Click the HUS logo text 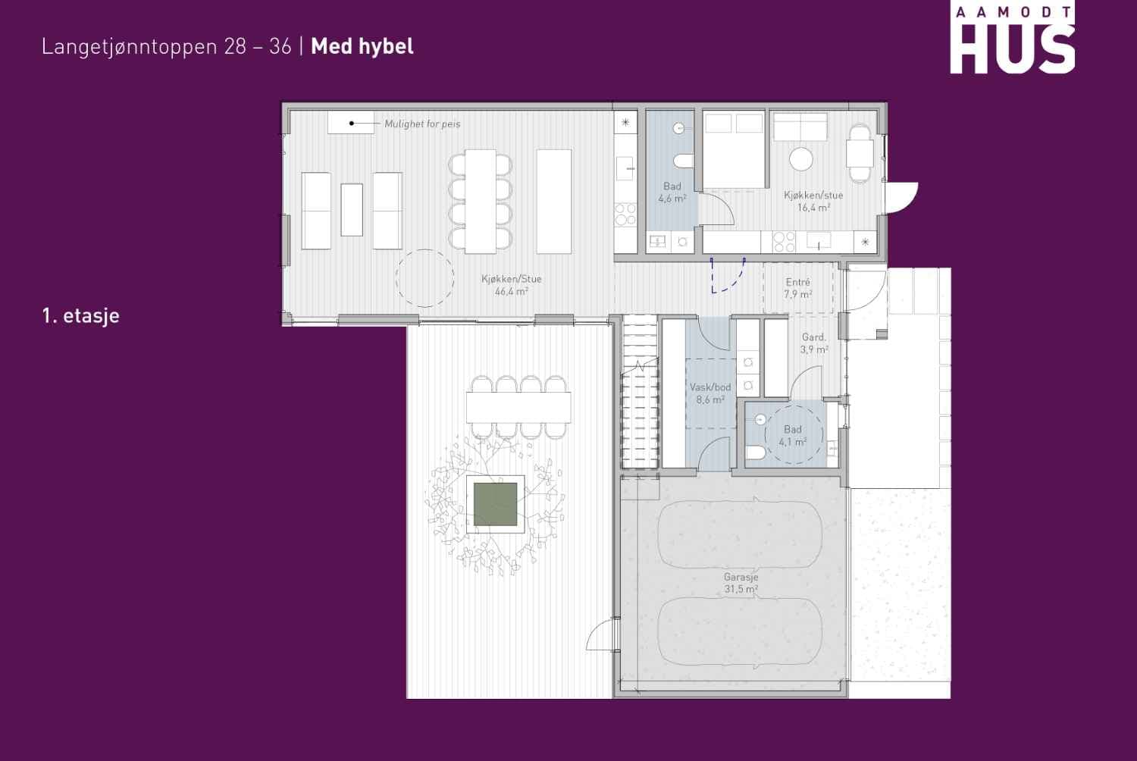1012,49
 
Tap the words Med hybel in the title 362,46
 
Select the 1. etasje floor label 80,315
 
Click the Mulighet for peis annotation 422,124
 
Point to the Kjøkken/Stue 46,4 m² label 511,285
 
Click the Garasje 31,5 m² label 741,583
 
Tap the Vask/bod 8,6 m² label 710,393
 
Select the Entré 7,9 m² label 798,288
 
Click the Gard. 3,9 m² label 814,343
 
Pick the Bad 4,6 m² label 672,193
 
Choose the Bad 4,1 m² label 792,435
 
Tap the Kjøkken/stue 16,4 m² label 813,201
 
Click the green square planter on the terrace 496,504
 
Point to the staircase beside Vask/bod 640,392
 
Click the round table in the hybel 801,159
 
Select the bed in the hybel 734,149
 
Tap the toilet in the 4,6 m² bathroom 683,161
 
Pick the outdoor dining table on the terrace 518,407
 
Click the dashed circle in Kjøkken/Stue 424,249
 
